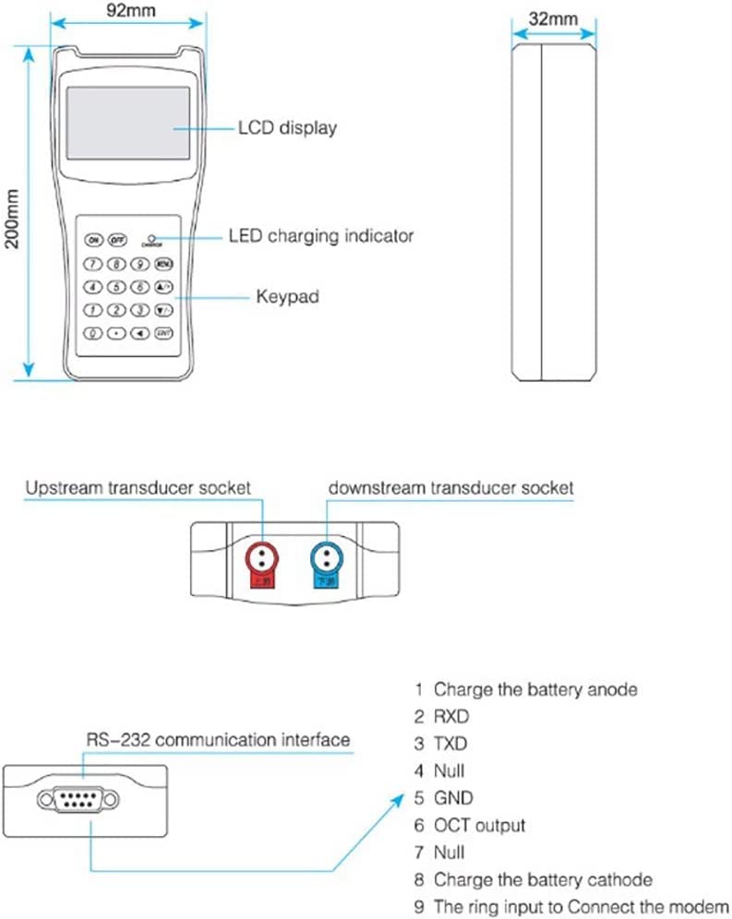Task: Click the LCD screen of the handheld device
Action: point(128,123)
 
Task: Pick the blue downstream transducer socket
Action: point(328,553)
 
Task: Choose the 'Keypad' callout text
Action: point(288,298)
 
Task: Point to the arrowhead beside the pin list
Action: point(398,796)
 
